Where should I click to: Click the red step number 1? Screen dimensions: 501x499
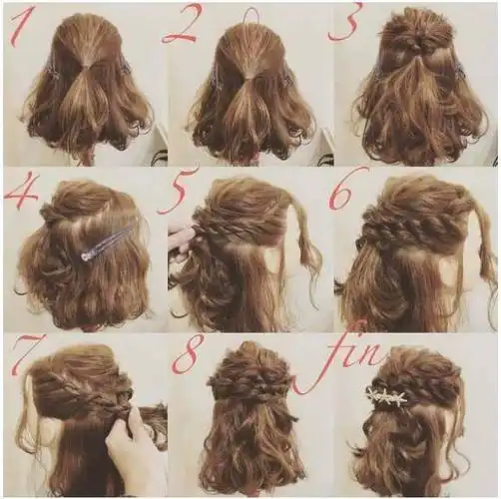[21, 24]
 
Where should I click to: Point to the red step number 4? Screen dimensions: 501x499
[21, 194]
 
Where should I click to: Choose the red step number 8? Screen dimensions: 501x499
[186, 355]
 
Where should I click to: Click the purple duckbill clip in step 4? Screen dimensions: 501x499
[107, 242]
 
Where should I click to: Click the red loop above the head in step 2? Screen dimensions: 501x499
[251, 15]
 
